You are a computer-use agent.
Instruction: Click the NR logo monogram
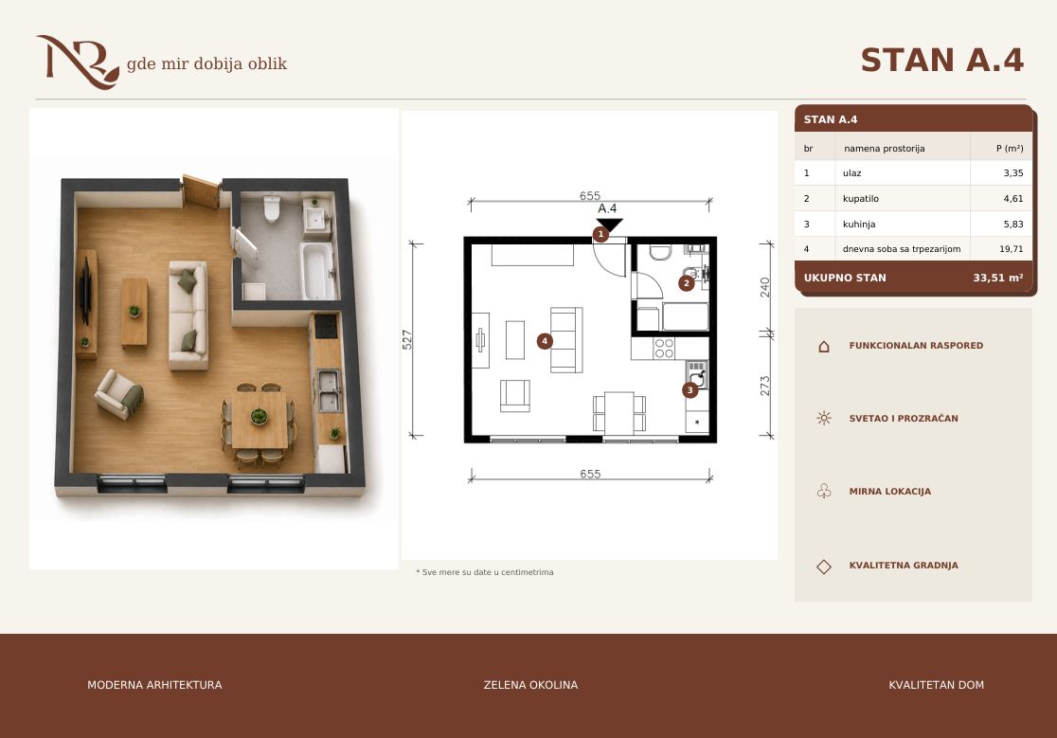click(x=78, y=62)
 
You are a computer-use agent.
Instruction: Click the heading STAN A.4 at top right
click(x=942, y=60)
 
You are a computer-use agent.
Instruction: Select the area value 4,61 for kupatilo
click(x=1013, y=199)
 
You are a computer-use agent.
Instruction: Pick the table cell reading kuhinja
click(x=859, y=225)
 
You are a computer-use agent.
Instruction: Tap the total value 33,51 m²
click(x=997, y=278)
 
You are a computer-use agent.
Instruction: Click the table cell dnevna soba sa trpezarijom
click(x=902, y=249)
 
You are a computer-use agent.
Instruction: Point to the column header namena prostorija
click(x=884, y=149)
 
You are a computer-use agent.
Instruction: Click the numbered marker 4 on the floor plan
click(x=545, y=341)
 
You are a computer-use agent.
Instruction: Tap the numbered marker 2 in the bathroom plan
click(x=687, y=283)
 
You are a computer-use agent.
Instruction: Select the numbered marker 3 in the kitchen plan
click(x=690, y=390)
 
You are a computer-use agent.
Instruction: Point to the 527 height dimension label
click(x=407, y=339)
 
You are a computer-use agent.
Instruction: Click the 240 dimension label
click(x=764, y=287)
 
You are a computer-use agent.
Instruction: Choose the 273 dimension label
click(x=764, y=386)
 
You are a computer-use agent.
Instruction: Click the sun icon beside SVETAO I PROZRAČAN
click(x=824, y=418)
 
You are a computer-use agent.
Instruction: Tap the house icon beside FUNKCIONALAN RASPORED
click(x=824, y=347)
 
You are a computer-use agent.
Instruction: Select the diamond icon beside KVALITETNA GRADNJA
click(x=824, y=567)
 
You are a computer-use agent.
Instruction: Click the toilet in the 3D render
click(x=272, y=208)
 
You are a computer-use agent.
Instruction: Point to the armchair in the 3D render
click(x=119, y=393)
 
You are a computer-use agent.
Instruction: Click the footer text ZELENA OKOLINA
click(x=530, y=685)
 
